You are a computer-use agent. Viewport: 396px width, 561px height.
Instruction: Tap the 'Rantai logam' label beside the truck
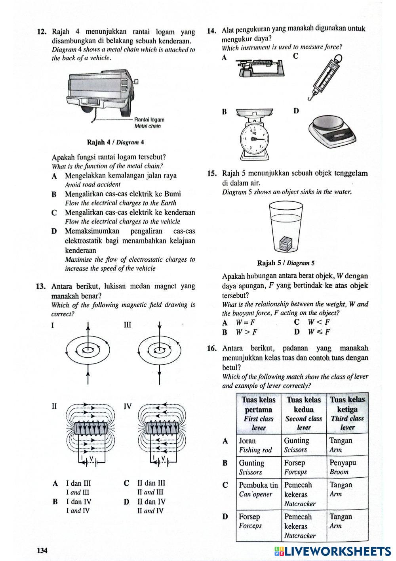149,119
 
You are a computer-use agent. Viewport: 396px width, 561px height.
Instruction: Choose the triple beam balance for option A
260,68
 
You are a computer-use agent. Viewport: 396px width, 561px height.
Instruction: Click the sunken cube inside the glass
285,243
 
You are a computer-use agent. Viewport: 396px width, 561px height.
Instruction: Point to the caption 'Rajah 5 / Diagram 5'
286,263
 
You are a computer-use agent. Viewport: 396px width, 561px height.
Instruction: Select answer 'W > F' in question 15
246,332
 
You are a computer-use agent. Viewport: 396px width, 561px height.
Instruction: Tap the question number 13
42,286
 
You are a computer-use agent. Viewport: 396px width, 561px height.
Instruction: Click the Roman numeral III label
127,325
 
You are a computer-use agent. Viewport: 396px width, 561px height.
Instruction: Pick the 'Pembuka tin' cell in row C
258,485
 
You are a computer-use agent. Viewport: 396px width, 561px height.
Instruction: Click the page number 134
42,550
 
